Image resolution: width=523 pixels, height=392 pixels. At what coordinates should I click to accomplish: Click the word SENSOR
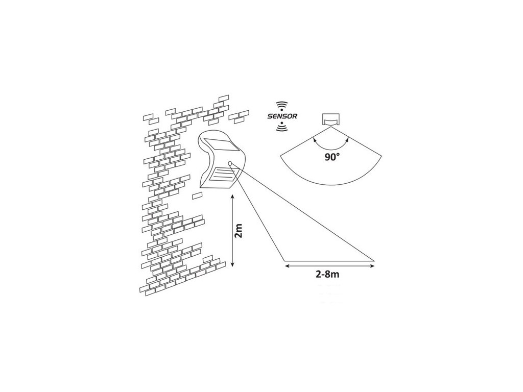pyautogui.click(x=281, y=116)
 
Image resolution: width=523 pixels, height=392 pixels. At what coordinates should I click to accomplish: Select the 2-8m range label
pyautogui.click(x=328, y=274)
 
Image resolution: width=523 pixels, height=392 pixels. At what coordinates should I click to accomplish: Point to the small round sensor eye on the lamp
pyautogui.click(x=230, y=163)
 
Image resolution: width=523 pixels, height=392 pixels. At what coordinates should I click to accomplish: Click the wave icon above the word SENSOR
pyautogui.click(x=281, y=106)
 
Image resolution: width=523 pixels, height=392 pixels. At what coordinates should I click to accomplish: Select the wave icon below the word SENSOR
pyautogui.click(x=281, y=128)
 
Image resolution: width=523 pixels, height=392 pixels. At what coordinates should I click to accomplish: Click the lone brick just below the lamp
pyautogui.click(x=197, y=195)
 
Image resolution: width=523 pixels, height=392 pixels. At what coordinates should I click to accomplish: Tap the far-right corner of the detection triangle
pyautogui.click(x=375, y=261)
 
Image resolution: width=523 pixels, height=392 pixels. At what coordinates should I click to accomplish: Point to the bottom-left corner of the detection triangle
pyautogui.click(x=283, y=261)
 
